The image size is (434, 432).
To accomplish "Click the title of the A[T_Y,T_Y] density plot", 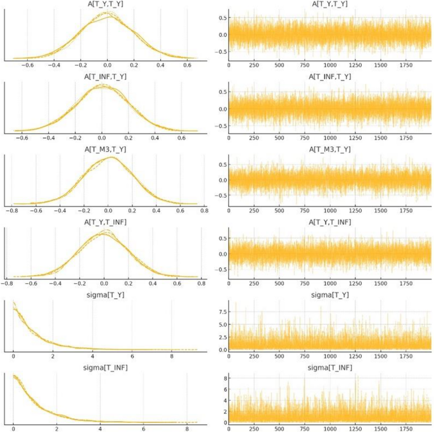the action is pos(105,4).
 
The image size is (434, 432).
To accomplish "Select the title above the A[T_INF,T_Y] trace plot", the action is pos(329,77).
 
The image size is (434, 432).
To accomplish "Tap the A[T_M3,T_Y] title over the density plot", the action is pos(105,149).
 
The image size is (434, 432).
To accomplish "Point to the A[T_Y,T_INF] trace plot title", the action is pos(329,222).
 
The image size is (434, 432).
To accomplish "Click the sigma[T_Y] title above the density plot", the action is pos(105,295).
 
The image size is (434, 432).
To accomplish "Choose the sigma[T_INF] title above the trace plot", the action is pos(329,368).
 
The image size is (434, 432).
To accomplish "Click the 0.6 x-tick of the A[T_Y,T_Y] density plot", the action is pos(187,65).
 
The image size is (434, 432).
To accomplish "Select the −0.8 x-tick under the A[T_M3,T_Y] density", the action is pos(11,211).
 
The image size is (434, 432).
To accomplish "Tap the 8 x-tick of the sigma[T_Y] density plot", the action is pos(172,357).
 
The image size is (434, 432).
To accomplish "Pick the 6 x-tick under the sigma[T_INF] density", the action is pos(143,429).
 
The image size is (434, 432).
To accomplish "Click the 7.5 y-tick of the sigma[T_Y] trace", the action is pos(223,312).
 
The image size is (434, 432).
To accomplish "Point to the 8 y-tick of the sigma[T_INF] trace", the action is pos(226,378).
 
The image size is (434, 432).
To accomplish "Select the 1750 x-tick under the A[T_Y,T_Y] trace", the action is pos(406,65).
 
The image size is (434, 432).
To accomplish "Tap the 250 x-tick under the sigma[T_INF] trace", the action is pos(254,429).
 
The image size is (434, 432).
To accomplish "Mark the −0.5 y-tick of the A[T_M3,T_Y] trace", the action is pos(221,195).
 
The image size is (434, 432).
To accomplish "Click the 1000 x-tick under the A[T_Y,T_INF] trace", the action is pos(330,284).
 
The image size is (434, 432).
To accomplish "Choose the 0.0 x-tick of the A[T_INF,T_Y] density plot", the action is pos(101,138).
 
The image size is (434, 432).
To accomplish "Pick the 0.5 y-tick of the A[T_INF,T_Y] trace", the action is pos(223,92).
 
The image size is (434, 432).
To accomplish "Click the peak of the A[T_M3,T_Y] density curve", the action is pos(111,157).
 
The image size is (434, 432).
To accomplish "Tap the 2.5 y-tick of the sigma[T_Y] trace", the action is pos(223,338).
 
